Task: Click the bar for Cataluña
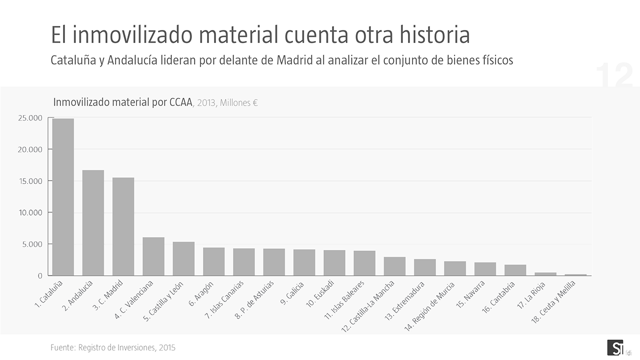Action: click(63, 197)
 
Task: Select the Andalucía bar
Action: click(93, 223)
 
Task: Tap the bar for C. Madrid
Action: click(123, 226)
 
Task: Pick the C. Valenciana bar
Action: click(153, 256)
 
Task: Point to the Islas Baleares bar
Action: click(364, 263)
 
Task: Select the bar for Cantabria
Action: click(515, 270)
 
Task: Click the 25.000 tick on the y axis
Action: click(30, 118)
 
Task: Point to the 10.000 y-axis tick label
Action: click(30, 212)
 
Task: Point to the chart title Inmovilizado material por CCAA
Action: click(122, 102)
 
